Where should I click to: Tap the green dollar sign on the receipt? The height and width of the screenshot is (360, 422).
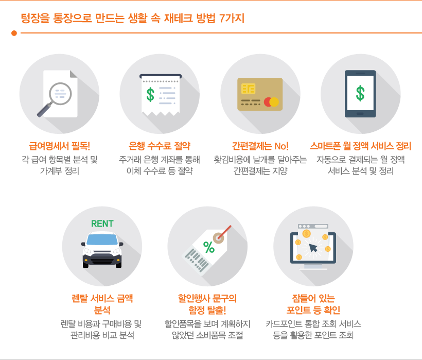(x=150, y=94)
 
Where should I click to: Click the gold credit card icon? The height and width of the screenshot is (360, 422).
(x=260, y=94)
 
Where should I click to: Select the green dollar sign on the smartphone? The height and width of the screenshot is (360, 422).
(x=360, y=93)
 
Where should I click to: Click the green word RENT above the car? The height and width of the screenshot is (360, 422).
(x=102, y=224)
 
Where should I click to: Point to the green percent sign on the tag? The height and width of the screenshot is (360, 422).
(x=209, y=248)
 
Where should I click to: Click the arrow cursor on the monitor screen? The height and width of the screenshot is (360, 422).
(x=313, y=248)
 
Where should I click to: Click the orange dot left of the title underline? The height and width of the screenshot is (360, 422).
(x=14, y=33)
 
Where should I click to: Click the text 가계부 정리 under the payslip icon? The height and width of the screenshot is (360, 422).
(x=59, y=170)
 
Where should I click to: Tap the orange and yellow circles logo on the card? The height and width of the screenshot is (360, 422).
(x=271, y=102)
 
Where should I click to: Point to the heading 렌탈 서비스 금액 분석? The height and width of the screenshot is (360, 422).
(x=102, y=303)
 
